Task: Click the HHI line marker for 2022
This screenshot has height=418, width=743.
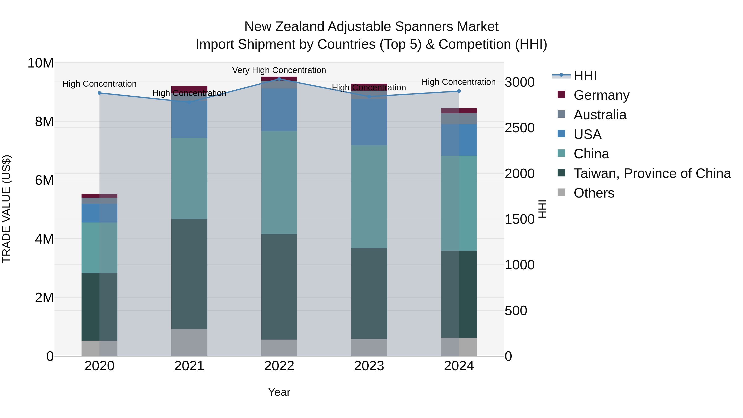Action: click(279, 79)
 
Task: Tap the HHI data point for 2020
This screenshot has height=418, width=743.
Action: click(99, 93)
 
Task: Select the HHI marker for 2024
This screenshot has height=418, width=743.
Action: click(459, 91)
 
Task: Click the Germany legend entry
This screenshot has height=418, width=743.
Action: click(601, 95)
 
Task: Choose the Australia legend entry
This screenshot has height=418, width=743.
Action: click(600, 115)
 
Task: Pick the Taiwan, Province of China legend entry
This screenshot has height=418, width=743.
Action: click(652, 173)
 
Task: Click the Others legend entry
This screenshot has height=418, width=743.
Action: click(594, 193)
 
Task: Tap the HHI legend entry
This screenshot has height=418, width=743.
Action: click(585, 76)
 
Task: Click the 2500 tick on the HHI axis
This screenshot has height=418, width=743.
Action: click(519, 128)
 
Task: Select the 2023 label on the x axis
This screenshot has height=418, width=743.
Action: click(369, 366)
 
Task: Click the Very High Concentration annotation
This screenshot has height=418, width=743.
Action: click(279, 70)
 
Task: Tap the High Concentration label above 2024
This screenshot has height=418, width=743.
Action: click(459, 82)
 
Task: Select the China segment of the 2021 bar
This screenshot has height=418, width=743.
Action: click(189, 178)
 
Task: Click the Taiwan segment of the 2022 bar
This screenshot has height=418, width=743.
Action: click(279, 287)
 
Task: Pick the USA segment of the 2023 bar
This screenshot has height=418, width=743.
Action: click(369, 122)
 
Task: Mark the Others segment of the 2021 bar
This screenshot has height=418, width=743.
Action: click(189, 342)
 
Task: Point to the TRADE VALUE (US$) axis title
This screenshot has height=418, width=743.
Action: click(6, 209)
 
